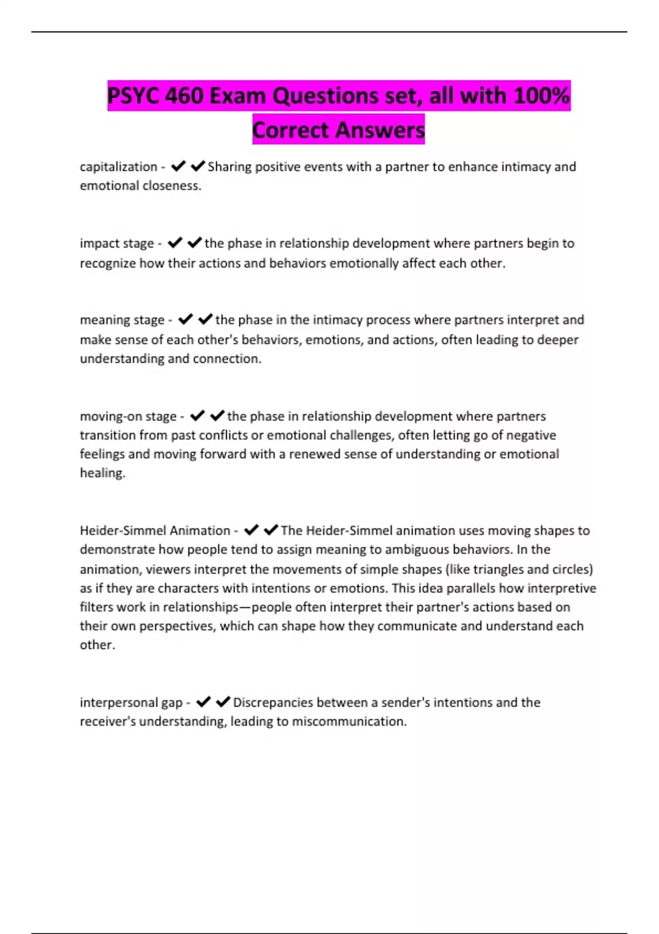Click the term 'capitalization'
(119, 166)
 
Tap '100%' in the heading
(541, 96)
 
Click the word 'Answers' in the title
(380, 130)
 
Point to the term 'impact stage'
(117, 243)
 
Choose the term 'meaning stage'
(122, 320)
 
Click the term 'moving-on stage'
(128, 416)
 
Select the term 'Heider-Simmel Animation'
(155, 530)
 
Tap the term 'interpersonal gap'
(131, 702)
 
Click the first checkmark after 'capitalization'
(178, 165)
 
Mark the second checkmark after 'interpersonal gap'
(222, 702)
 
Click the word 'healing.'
(103, 473)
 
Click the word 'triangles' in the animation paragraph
(498, 569)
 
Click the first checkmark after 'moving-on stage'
(197, 415)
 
